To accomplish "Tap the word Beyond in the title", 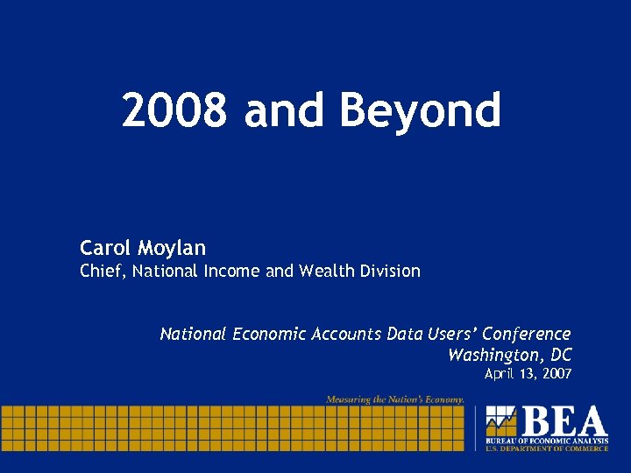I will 420,112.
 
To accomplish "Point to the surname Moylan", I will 171,249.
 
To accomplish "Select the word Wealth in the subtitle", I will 325,272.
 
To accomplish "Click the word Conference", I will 527,334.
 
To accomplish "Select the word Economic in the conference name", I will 267,334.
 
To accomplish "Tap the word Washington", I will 496,355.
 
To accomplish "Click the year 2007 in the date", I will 557,374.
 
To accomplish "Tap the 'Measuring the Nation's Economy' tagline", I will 395,399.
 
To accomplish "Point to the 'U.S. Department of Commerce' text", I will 547,448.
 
